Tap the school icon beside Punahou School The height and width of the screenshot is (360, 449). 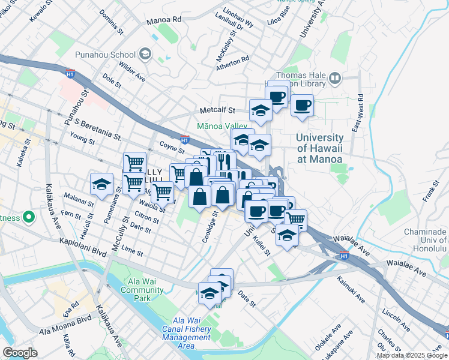coord(145,55)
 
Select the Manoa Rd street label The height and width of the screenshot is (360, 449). coord(163,20)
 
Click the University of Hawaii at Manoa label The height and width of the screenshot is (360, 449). coord(320,148)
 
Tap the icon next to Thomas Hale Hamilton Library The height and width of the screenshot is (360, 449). coord(334,77)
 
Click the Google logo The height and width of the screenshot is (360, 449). coord(20,352)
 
